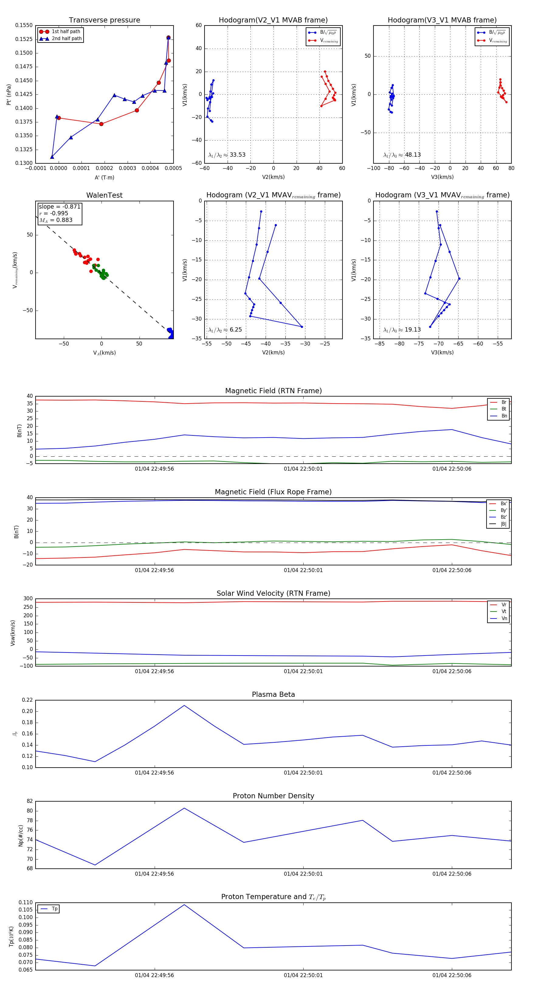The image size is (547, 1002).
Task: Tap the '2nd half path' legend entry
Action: point(67,39)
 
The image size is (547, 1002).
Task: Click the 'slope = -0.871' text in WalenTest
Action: point(60,206)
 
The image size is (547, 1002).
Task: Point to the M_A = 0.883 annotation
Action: point(56,220)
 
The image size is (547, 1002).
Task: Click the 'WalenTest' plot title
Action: point(104,195)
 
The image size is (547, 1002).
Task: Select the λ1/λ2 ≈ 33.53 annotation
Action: point(227,155)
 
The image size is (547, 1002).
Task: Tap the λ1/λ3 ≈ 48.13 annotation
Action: point(402,155)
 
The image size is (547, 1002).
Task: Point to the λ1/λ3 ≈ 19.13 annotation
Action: point(402,330)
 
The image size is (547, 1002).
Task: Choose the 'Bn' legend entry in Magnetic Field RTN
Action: point(504,416)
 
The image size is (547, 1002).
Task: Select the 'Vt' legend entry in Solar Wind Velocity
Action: point(504,612)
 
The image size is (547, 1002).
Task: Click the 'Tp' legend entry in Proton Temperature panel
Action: point(54,909)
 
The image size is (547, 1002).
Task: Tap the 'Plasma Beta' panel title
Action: point(273,694)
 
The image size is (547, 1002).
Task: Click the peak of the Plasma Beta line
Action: point(184,705)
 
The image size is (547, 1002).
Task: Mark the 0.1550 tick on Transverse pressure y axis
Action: point(24,25)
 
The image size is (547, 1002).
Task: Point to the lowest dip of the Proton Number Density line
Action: point(95,865)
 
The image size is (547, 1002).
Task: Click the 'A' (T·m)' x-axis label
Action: point(104,177)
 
